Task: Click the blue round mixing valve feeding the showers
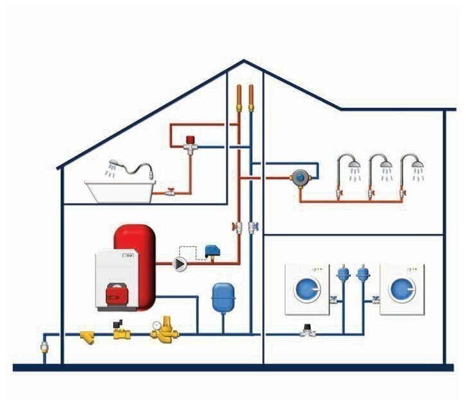click(x=299, y=178)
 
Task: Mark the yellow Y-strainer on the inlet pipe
click(x=88, y=336)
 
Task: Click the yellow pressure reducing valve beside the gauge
click(x=168, y=328)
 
